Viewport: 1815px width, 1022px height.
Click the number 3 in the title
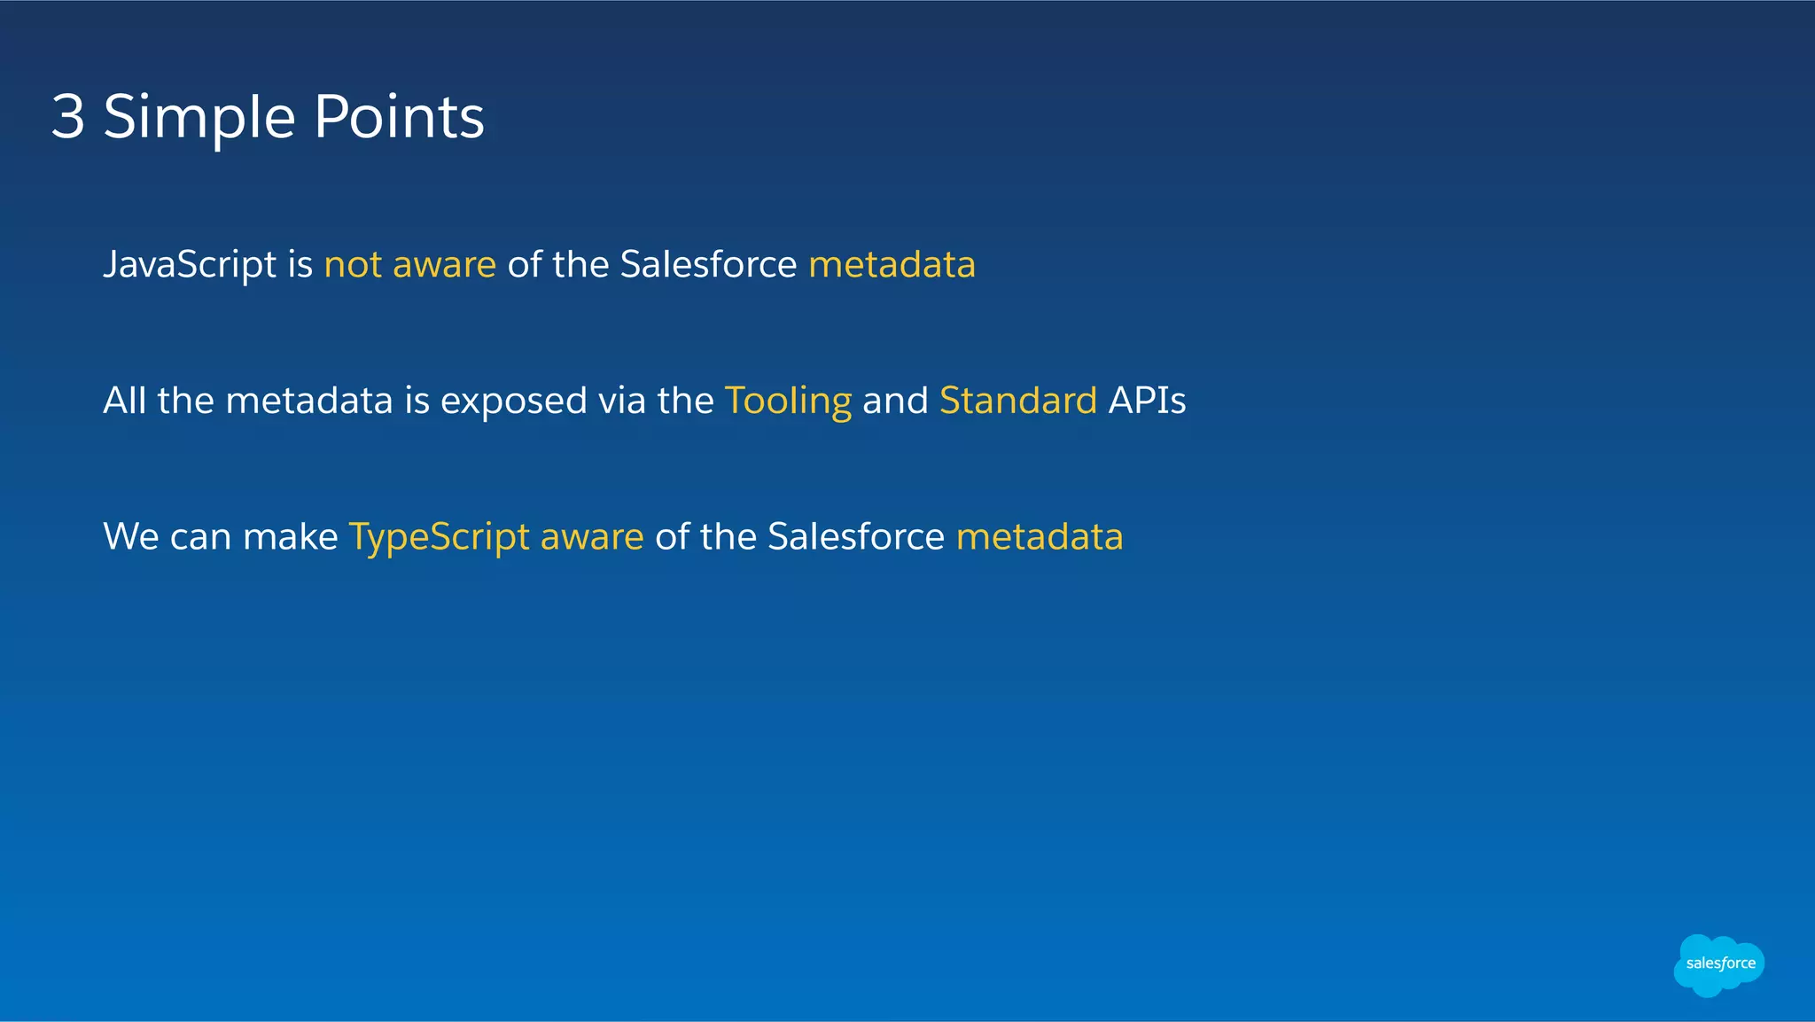point(68,117)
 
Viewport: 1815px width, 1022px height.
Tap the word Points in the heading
point(399,117)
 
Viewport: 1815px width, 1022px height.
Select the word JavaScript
point(190,265)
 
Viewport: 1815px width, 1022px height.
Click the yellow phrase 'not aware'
point(409,265)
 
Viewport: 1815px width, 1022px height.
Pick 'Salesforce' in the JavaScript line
point(708,264)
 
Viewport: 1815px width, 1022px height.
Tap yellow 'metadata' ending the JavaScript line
point(892,264)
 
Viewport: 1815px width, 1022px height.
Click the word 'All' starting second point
point(124,401)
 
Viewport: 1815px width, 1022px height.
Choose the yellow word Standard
point(1017,401)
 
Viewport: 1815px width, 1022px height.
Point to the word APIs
point(1147,401)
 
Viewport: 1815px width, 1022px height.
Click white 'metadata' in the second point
point(308,401)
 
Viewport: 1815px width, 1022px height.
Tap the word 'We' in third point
point(130,537)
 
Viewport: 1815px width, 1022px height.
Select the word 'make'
point(290,537)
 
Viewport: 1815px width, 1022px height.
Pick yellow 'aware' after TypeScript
point(591,537)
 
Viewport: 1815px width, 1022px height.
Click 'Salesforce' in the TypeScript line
point(856,537)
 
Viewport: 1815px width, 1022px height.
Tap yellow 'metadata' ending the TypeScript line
point(1039,537)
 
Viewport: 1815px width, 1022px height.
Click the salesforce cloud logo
point(1718,964)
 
